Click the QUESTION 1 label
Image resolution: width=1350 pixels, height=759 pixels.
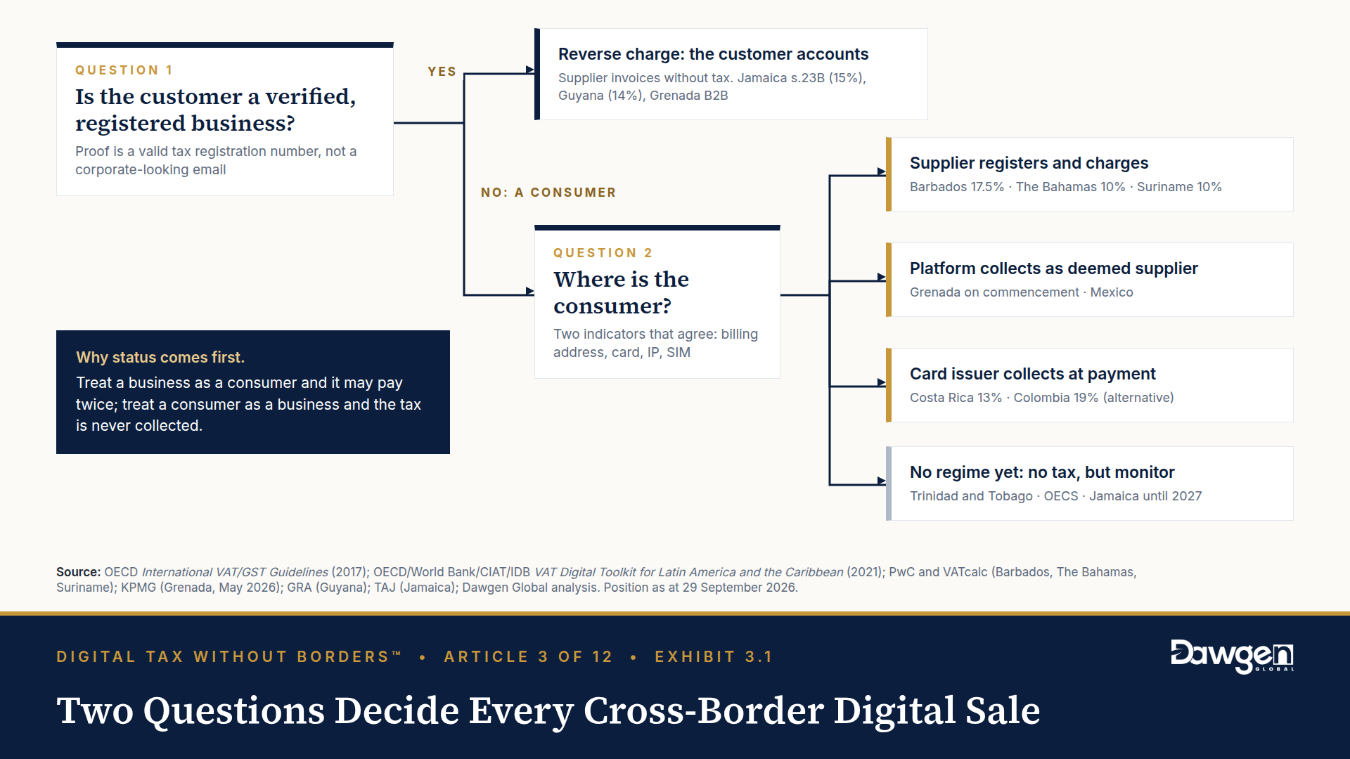coord(124,70)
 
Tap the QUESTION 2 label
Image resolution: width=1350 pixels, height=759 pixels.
coord(603,253)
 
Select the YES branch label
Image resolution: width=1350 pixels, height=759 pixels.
coord(442,72)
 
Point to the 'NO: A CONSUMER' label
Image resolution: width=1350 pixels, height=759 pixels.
coord(548,193)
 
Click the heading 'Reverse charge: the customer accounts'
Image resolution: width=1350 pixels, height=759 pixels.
coord(713,54)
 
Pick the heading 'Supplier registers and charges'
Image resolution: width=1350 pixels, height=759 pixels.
coord(1029,163)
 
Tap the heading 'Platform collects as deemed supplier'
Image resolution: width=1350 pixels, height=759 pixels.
coord(1053,268)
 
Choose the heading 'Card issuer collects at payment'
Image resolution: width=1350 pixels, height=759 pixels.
coord(1032,374)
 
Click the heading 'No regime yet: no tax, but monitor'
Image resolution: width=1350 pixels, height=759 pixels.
coord(1042,472)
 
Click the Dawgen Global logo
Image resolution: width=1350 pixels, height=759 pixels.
coord(1232,656)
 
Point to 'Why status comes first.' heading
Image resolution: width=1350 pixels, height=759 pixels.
coord(160,357)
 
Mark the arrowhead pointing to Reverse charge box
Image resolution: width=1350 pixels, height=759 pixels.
coord(530,70)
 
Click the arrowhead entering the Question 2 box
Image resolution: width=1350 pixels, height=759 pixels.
coord(530,291)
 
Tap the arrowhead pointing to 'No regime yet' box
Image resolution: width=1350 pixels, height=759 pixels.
coord(882,481)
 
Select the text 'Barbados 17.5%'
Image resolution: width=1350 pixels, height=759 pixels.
coord(957,187)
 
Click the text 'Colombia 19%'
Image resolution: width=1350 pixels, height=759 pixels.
coord(1055,398)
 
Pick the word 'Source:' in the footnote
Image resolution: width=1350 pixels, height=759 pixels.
coord(79,572)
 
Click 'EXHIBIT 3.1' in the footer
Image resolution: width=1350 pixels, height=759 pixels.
coord(714,657)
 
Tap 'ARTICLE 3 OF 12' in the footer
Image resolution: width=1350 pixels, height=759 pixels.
coord(528,657)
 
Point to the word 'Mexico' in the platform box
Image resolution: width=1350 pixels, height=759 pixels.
coord(1112,292)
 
